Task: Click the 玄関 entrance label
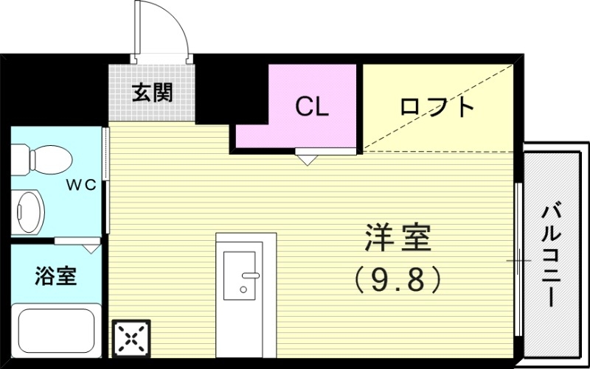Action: tap(153, 93)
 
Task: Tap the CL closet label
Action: tap(312, 107)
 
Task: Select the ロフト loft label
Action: tap(436, 108)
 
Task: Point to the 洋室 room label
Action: tap(398, 237)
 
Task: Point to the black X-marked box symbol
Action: tap(131, 339)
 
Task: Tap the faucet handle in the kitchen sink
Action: tap(249, 278)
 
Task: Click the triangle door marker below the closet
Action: tap(307, 158)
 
